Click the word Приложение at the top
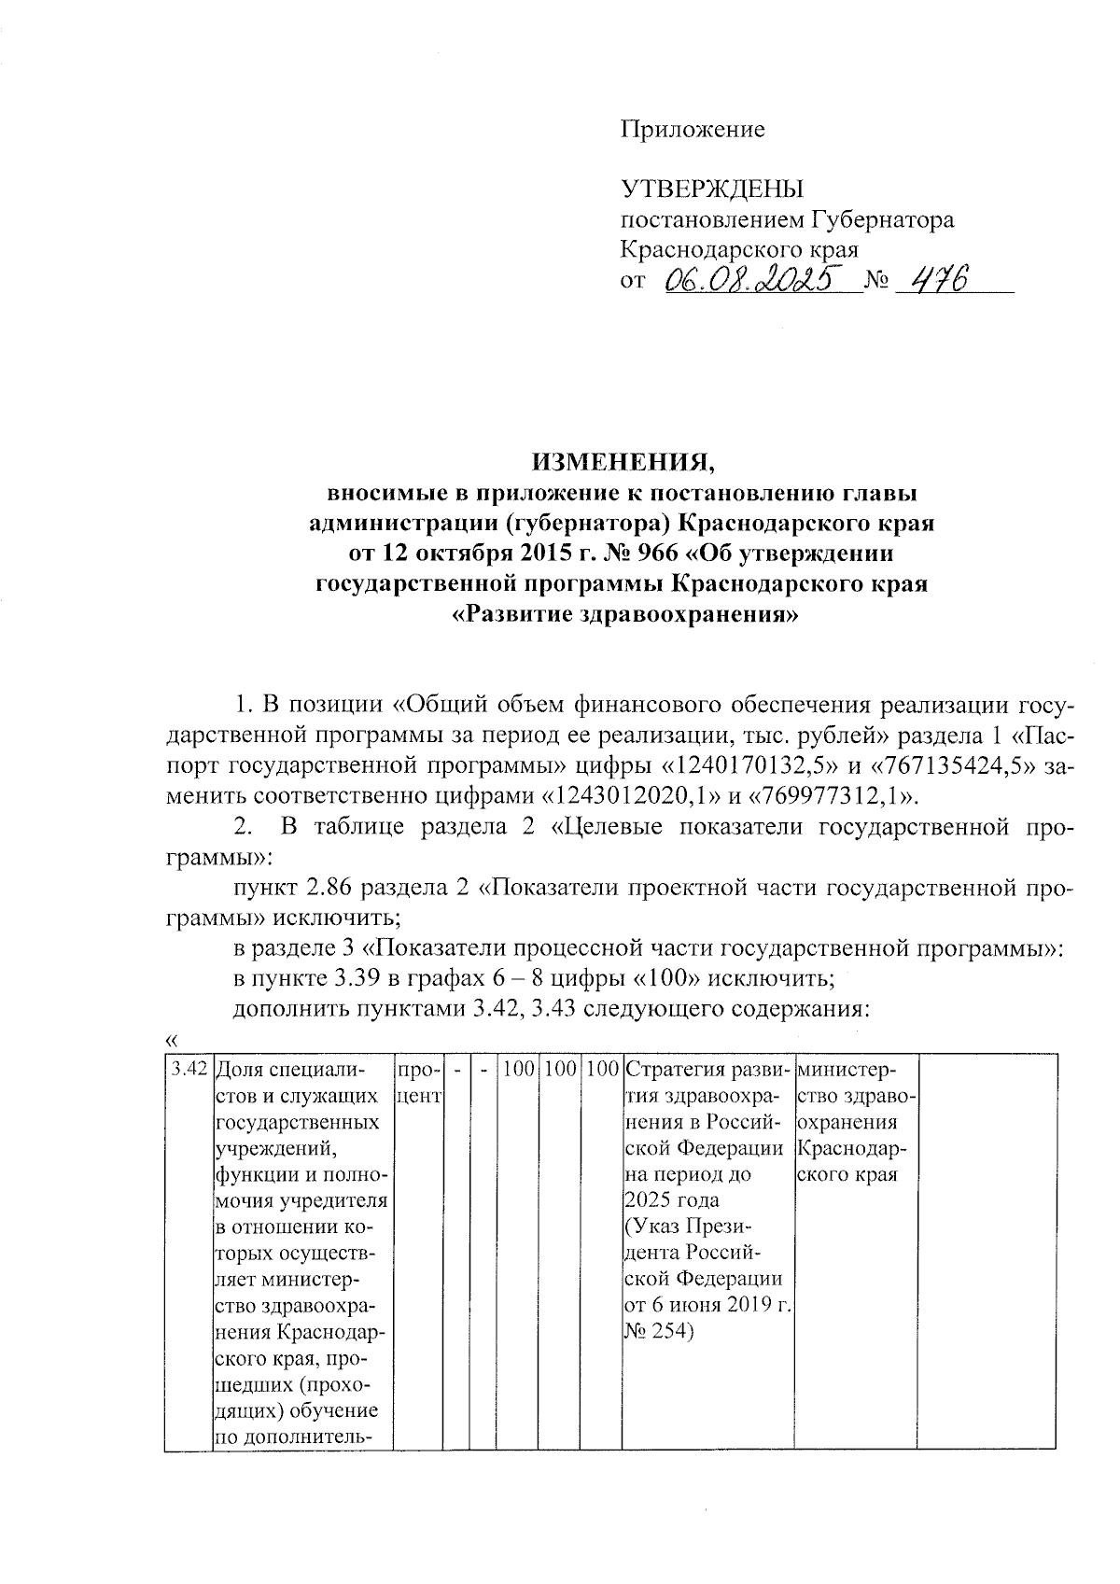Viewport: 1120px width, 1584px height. (693, 130)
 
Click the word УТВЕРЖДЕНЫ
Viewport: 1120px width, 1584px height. (712, 189)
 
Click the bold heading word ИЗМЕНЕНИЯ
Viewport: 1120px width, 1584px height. (623, 461)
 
